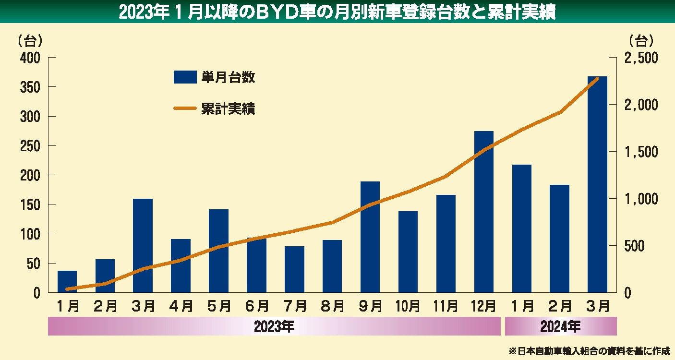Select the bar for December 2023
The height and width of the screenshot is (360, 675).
[483, 212]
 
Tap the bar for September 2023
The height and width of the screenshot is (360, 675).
[370, 237]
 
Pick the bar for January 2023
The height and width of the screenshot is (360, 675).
[67, 282]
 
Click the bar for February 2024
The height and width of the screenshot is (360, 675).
[559, 239]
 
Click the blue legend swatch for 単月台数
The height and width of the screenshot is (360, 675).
[185, 77]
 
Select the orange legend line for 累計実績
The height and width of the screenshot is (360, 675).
[185, 108]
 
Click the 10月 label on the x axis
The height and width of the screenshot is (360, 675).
[408, 305]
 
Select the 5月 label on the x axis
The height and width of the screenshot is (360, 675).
[218, 305]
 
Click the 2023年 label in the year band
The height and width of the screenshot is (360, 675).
[274, 327]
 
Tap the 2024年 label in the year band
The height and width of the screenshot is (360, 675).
[560, 327]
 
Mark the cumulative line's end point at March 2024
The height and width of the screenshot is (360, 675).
[597, 78]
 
